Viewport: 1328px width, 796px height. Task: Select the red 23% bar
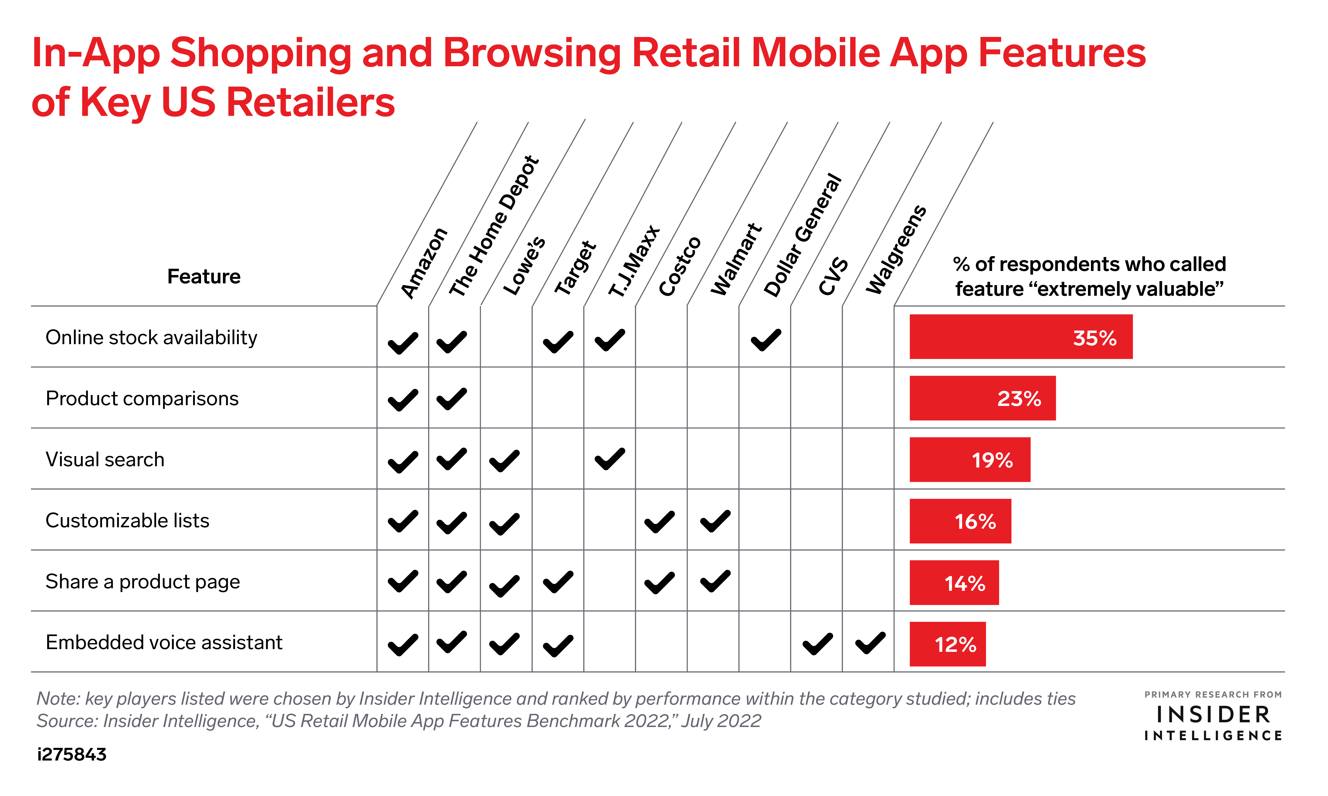tap(982, 398)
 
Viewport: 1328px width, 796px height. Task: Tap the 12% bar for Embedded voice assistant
tap(947, 644)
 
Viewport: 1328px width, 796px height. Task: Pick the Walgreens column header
tap(896, 249)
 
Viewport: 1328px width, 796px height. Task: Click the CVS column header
tap(833, 276)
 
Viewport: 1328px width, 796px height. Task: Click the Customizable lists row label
tap(128, 520)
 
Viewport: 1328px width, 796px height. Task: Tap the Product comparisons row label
tap(142, 398)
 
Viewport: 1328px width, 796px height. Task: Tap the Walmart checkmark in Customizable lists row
tap(715, 521)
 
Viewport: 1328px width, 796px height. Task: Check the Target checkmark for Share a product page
tap(558, 582)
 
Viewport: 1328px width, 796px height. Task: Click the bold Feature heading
tap(204, 276)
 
